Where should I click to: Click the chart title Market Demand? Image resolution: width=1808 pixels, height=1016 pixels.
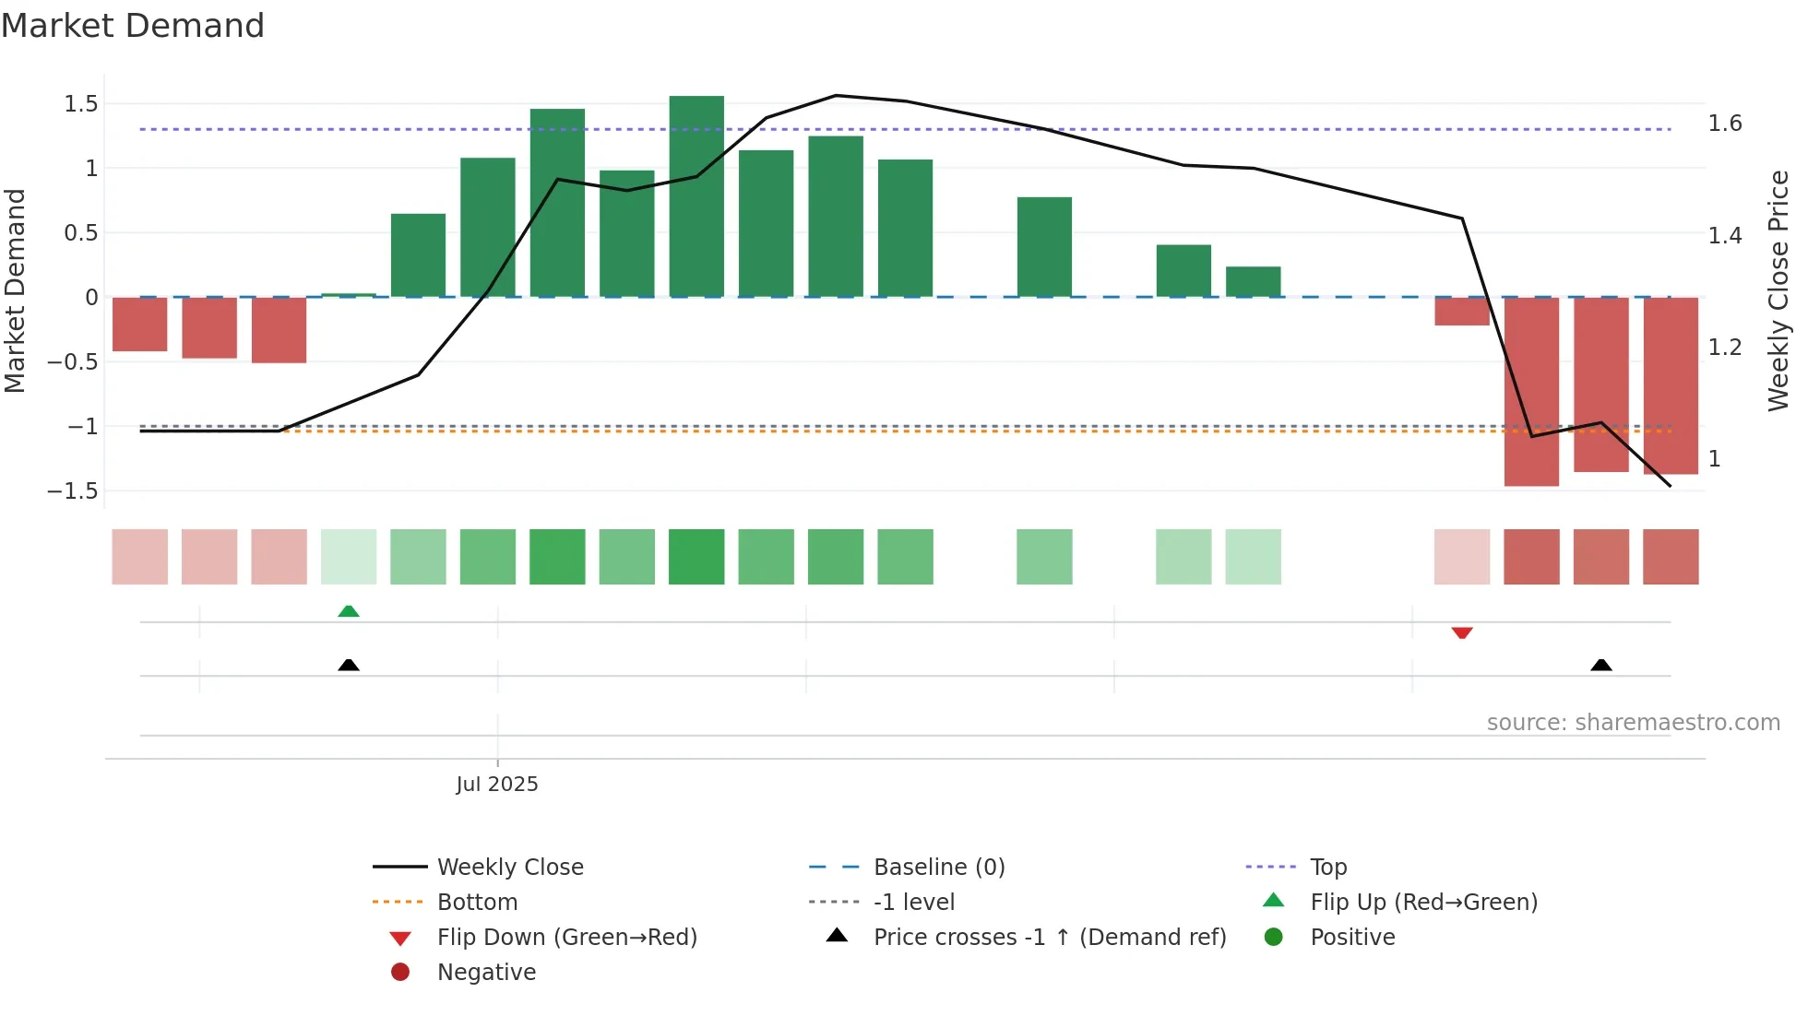click(x=133, y=26)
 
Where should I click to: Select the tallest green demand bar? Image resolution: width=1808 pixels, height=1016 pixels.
click(x=696, y=195)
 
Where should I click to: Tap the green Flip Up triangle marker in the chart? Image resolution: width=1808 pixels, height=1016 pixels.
click(x=349, y=611)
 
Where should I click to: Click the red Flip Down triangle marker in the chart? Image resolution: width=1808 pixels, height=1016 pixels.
click(x=1462, y=632)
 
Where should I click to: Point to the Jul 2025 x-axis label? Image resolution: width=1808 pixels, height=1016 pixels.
click(x=497, y=784)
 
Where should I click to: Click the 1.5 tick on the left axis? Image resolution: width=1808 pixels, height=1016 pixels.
click(x=81, y=104)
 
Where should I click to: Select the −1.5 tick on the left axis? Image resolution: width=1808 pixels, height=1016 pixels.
click(x=74, y=490)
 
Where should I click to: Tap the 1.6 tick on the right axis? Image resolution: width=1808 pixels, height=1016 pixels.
click(x=1724, y=124)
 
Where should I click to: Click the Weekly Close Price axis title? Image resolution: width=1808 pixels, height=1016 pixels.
click(x=1778, y=290)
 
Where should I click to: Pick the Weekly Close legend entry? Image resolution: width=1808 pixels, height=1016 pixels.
click(x=510, y=867)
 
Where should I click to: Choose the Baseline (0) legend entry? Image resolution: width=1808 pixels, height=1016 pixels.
click(x=939, y=867)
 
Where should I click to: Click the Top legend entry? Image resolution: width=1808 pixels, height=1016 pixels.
click(x=1328, y=867)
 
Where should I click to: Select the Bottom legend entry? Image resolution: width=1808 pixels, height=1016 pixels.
click(x=477, y=902)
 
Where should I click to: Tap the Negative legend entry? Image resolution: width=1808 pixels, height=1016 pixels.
click(x=486, y=972)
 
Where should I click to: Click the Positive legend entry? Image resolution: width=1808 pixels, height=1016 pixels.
click(x=1352, y=937)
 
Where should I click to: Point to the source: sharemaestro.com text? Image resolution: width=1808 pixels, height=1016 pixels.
click(x=1633, y=722)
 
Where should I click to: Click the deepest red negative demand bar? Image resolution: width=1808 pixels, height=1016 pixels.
click(x=1531, y=392)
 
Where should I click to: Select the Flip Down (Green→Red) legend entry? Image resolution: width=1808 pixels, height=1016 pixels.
click(x=566, y=937)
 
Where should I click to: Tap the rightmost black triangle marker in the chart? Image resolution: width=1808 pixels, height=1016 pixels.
click(x=1601, y=665)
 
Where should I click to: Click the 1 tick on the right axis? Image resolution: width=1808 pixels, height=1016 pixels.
click(x=1714, y=459)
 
